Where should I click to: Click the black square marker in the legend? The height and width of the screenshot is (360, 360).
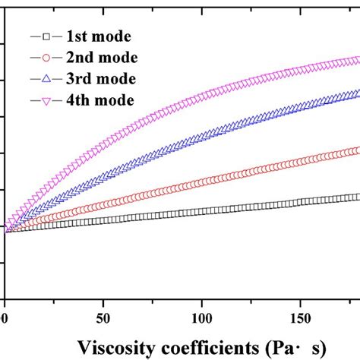click(45, 36)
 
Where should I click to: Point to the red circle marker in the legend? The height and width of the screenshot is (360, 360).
click(45, 57)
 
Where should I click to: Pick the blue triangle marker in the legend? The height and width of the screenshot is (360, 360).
click(45, 78)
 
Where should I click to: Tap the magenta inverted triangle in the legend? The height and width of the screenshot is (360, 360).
click(45, 99)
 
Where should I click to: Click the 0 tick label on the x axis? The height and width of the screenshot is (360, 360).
click(5, 314)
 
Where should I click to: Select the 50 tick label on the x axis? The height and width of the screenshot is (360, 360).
click(104, 314)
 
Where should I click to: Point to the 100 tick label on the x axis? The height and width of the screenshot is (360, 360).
click(203, 314)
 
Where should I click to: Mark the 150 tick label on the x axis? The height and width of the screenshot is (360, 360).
click(302, 314)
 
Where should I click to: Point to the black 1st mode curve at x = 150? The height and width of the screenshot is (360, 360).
click(302, 202)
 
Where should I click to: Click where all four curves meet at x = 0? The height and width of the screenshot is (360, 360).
click(6, 228)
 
